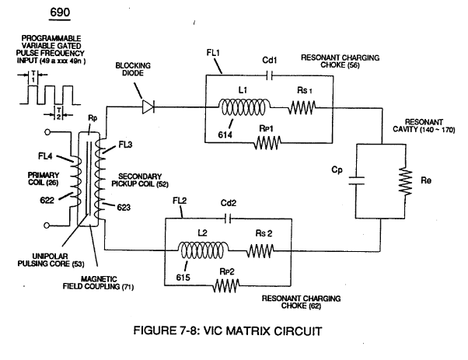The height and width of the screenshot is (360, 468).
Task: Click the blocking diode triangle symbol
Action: [148, 107]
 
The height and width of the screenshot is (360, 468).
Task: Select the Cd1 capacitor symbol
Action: [269, 76]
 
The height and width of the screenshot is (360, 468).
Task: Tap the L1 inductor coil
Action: [245, 107]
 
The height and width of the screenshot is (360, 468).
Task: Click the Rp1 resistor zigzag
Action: [267, 143]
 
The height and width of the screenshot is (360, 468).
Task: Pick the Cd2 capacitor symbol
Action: [228, 218]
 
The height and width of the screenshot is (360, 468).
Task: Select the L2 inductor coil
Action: [204, 250]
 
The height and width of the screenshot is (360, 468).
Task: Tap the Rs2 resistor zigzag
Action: [260, 250]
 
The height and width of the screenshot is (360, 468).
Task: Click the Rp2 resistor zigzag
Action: [226, 285]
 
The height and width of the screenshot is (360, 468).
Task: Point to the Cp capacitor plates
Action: [356, 180]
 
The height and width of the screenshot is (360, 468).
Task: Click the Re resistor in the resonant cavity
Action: [405, 181]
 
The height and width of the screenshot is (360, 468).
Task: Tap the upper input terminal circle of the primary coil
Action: [47, 132]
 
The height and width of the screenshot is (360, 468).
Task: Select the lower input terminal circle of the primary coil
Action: [47, 225]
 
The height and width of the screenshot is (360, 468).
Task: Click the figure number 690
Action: [60, 12]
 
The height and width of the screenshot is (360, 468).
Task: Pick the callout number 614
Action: [225, 135]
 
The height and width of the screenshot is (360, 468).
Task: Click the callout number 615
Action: [183, 278]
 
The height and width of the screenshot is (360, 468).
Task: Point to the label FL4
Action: [45, 156]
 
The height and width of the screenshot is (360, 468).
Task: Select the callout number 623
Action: [124, 207]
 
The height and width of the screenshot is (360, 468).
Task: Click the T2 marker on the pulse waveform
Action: [59, 114]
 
